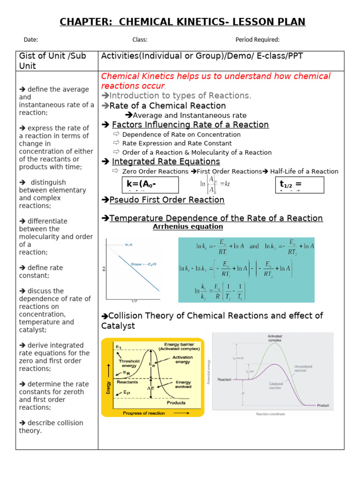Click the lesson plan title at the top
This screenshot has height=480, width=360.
(182, 22)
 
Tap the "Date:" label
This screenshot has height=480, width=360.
(30, 40)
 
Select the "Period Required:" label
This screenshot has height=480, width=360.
(257, 40)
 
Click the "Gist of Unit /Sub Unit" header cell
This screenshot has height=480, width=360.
(52, 61)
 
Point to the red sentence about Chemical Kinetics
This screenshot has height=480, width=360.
(216, 81)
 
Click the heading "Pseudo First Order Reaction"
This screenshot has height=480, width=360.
(166, 200)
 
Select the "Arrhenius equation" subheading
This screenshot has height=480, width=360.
(188, 227)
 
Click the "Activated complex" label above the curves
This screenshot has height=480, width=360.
(275, 338)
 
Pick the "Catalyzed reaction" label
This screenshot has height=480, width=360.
(275, 385)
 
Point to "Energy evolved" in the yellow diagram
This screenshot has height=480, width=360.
(183, 384)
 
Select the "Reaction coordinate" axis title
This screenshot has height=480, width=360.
(270, 414)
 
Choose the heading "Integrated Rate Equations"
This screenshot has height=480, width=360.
(165, 162)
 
